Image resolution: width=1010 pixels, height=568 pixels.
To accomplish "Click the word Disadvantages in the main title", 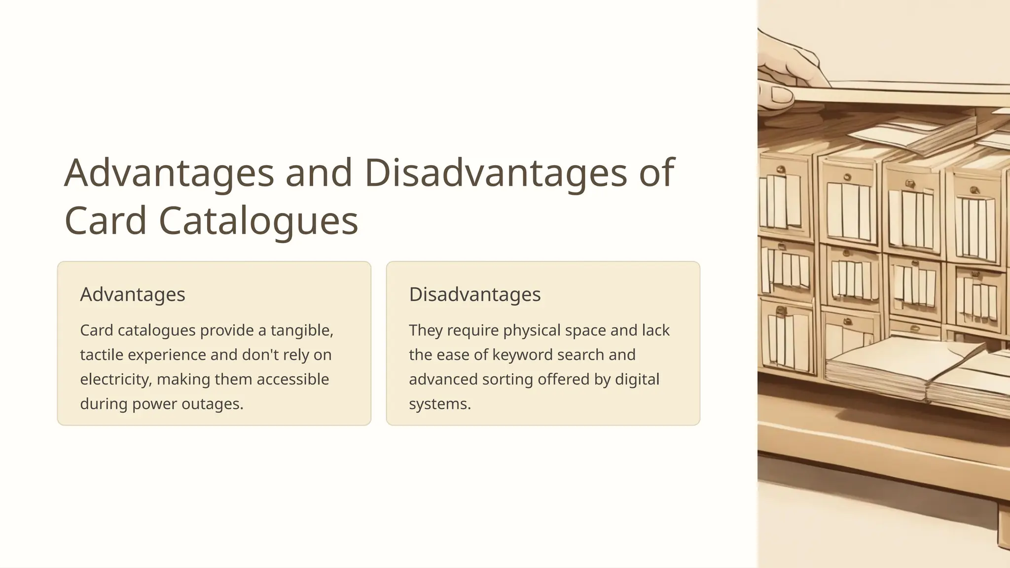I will [495, 173].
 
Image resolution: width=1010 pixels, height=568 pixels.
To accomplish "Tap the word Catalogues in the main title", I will [258, 220].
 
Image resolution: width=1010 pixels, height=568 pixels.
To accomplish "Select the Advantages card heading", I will [133, 294].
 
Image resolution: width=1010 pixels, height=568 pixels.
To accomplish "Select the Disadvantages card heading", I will [475, 294].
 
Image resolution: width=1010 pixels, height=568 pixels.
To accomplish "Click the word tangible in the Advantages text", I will [302, 330].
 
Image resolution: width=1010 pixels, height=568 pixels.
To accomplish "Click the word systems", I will [439, 404].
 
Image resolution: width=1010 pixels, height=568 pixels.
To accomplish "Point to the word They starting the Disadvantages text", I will [426, 330].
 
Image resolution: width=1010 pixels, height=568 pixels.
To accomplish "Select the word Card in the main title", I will [106, 220].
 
